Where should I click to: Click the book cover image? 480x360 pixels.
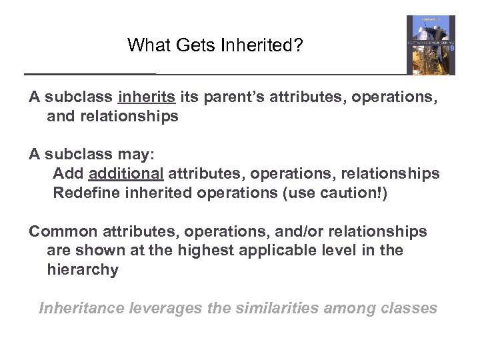click(431, 45)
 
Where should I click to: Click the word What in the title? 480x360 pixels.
click(144, 45)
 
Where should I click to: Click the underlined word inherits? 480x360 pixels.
click(147, 97)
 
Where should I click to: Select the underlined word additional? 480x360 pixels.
click(125, 173)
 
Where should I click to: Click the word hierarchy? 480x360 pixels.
click(82, 270)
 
